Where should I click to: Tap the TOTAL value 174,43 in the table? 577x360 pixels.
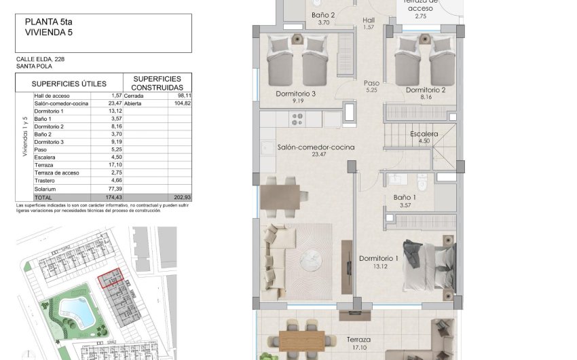[111, 197]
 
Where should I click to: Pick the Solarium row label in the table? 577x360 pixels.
[45, 189]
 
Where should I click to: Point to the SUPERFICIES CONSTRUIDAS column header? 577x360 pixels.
[157, 83]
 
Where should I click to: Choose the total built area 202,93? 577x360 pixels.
[181, 197]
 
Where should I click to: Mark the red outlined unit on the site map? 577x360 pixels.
[109, 278]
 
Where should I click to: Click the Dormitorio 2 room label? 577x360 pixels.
[426, 90]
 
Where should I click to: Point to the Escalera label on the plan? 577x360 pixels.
[424, 134]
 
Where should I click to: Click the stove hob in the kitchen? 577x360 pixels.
[297, 120]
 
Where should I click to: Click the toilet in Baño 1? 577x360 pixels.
[422, 181]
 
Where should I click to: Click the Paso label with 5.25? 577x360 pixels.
[371, 86]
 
